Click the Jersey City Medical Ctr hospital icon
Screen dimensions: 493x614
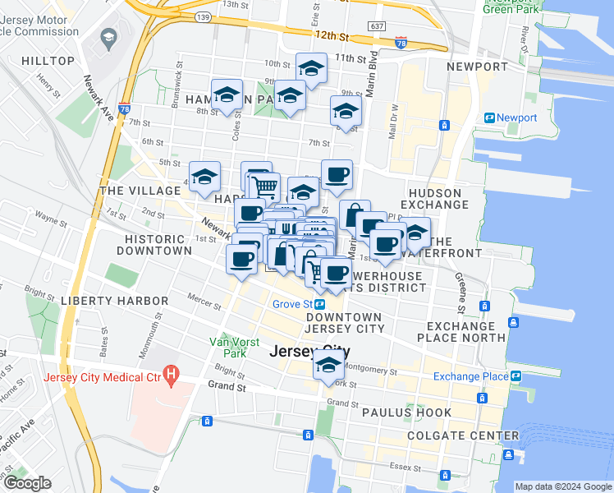coord(171,376)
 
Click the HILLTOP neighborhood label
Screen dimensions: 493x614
coord(48,61)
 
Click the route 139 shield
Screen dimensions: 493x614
coord(203,16)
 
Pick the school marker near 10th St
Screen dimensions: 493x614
coord(311,70)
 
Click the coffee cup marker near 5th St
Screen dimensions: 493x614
coord(337,175)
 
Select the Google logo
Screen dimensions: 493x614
coord(27,483)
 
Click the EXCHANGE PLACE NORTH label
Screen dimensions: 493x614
coord(461,331)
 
